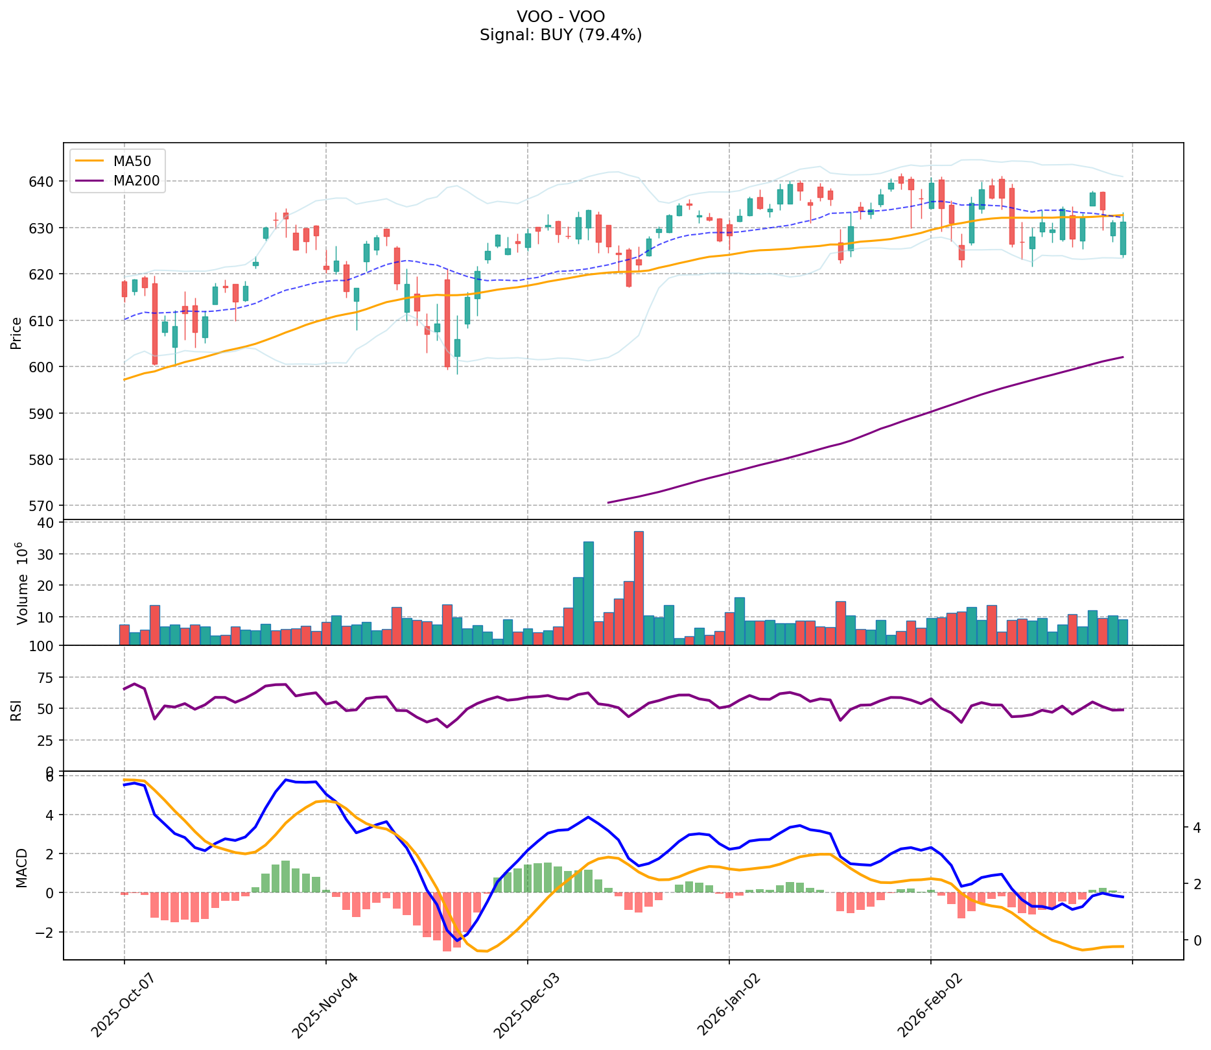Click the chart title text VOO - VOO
pyautogui.click(x=561, y=17)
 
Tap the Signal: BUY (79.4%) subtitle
pyautogui.click(x=561, y=35)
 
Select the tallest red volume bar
pyautogui.click(x=639, y=588)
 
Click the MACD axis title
pyautogui.click(x=22, y=868)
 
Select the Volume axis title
pyautogui.click(x=22, y=583)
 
